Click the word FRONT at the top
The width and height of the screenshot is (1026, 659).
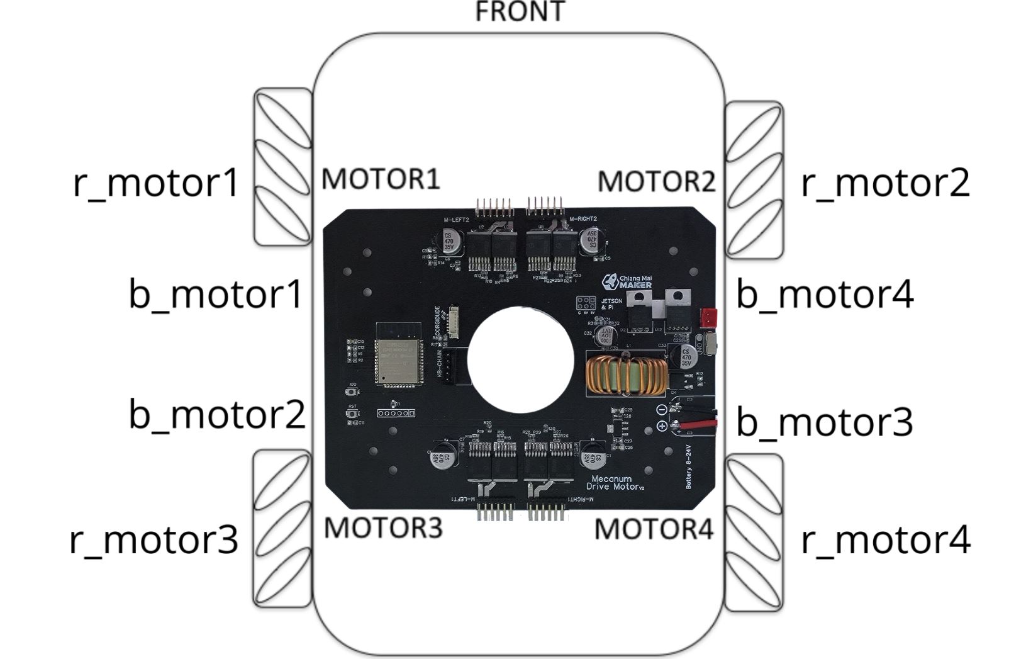(x=520, y=12)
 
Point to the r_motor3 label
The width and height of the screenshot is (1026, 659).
(x=154, y=539)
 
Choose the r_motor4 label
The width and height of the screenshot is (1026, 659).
(x=886, y=540)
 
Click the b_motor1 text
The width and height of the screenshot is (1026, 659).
(x=216, y=293)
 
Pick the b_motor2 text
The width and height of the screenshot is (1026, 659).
(x=217, y=414)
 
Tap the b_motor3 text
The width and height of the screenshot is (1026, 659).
(x=824, y=421)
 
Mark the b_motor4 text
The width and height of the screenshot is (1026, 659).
(x=825, y=293)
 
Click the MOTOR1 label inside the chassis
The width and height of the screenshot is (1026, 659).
(x=381, y=179)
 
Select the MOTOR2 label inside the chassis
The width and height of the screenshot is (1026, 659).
(x=656, y=181)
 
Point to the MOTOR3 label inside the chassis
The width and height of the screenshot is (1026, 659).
(x=383, y=527)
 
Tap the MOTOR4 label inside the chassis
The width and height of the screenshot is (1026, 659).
(x=654, y=529)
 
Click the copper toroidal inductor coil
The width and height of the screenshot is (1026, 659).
(x=625, y=375)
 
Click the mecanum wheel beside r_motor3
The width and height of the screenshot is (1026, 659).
(x=282, y=529)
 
